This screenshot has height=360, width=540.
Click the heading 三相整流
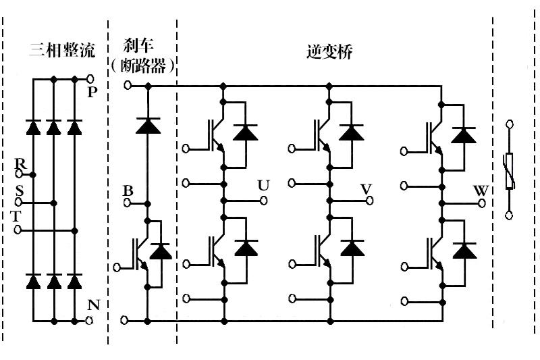[62, 51]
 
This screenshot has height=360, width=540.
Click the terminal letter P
[93, 92]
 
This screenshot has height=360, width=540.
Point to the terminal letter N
[93, 305]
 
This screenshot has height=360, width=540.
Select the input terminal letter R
[20, 165]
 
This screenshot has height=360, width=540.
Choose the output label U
[263, 186]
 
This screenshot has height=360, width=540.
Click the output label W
[481, 189]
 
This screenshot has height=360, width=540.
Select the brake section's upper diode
[146, 126]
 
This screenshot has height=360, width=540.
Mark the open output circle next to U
[263, 200]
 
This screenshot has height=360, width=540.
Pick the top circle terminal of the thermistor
[510, 124]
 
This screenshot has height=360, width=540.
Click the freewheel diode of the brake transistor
[161, 252]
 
